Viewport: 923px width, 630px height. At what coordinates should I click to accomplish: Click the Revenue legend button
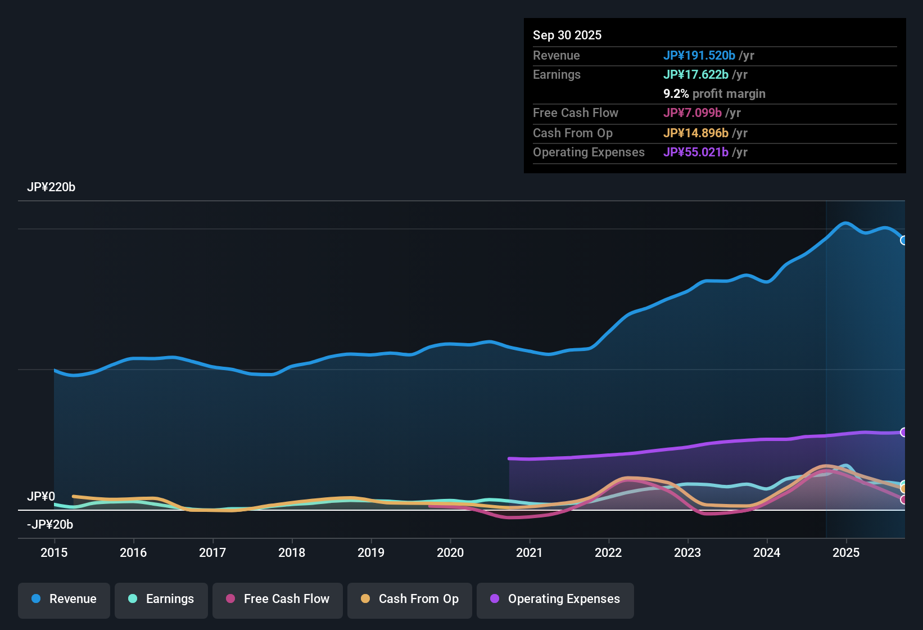pos(64,599)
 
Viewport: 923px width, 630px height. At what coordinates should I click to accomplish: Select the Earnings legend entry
pos(161,599)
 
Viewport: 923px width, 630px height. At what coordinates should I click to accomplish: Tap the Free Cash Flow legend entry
pos(278,599)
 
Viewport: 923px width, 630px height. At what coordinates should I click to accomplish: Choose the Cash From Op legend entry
pos(410,599)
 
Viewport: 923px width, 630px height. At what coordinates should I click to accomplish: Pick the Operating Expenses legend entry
pos(555,599)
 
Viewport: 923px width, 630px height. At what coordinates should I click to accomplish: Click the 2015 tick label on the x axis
pos(54,552)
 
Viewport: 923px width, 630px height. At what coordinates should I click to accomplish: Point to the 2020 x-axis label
pos(450,552)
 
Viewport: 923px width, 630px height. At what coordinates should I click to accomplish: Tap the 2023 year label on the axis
pos(687,552)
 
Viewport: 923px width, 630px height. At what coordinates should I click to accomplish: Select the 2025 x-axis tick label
pos(846,552)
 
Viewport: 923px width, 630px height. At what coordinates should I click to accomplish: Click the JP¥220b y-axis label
pos(51,187)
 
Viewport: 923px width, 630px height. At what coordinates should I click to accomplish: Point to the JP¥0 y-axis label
pos(41,497)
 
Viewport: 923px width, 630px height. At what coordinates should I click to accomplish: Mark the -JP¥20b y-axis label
pos(50,525)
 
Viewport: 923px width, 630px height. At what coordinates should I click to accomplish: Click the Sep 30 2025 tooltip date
pos(567,35)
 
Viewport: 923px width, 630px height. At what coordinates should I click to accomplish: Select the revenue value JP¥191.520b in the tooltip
pos(699,55)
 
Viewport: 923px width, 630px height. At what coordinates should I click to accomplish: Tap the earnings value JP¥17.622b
pos(695,74)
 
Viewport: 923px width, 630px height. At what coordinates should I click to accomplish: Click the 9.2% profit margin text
pos(714,94)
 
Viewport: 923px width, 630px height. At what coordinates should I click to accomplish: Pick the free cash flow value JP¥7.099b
pos(692,112)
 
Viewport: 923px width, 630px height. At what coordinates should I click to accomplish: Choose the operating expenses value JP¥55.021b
pos(695,152)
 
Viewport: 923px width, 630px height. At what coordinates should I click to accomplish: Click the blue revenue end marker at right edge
pos(903,240)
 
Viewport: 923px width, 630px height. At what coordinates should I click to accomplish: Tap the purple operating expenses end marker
pos(903,432)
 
